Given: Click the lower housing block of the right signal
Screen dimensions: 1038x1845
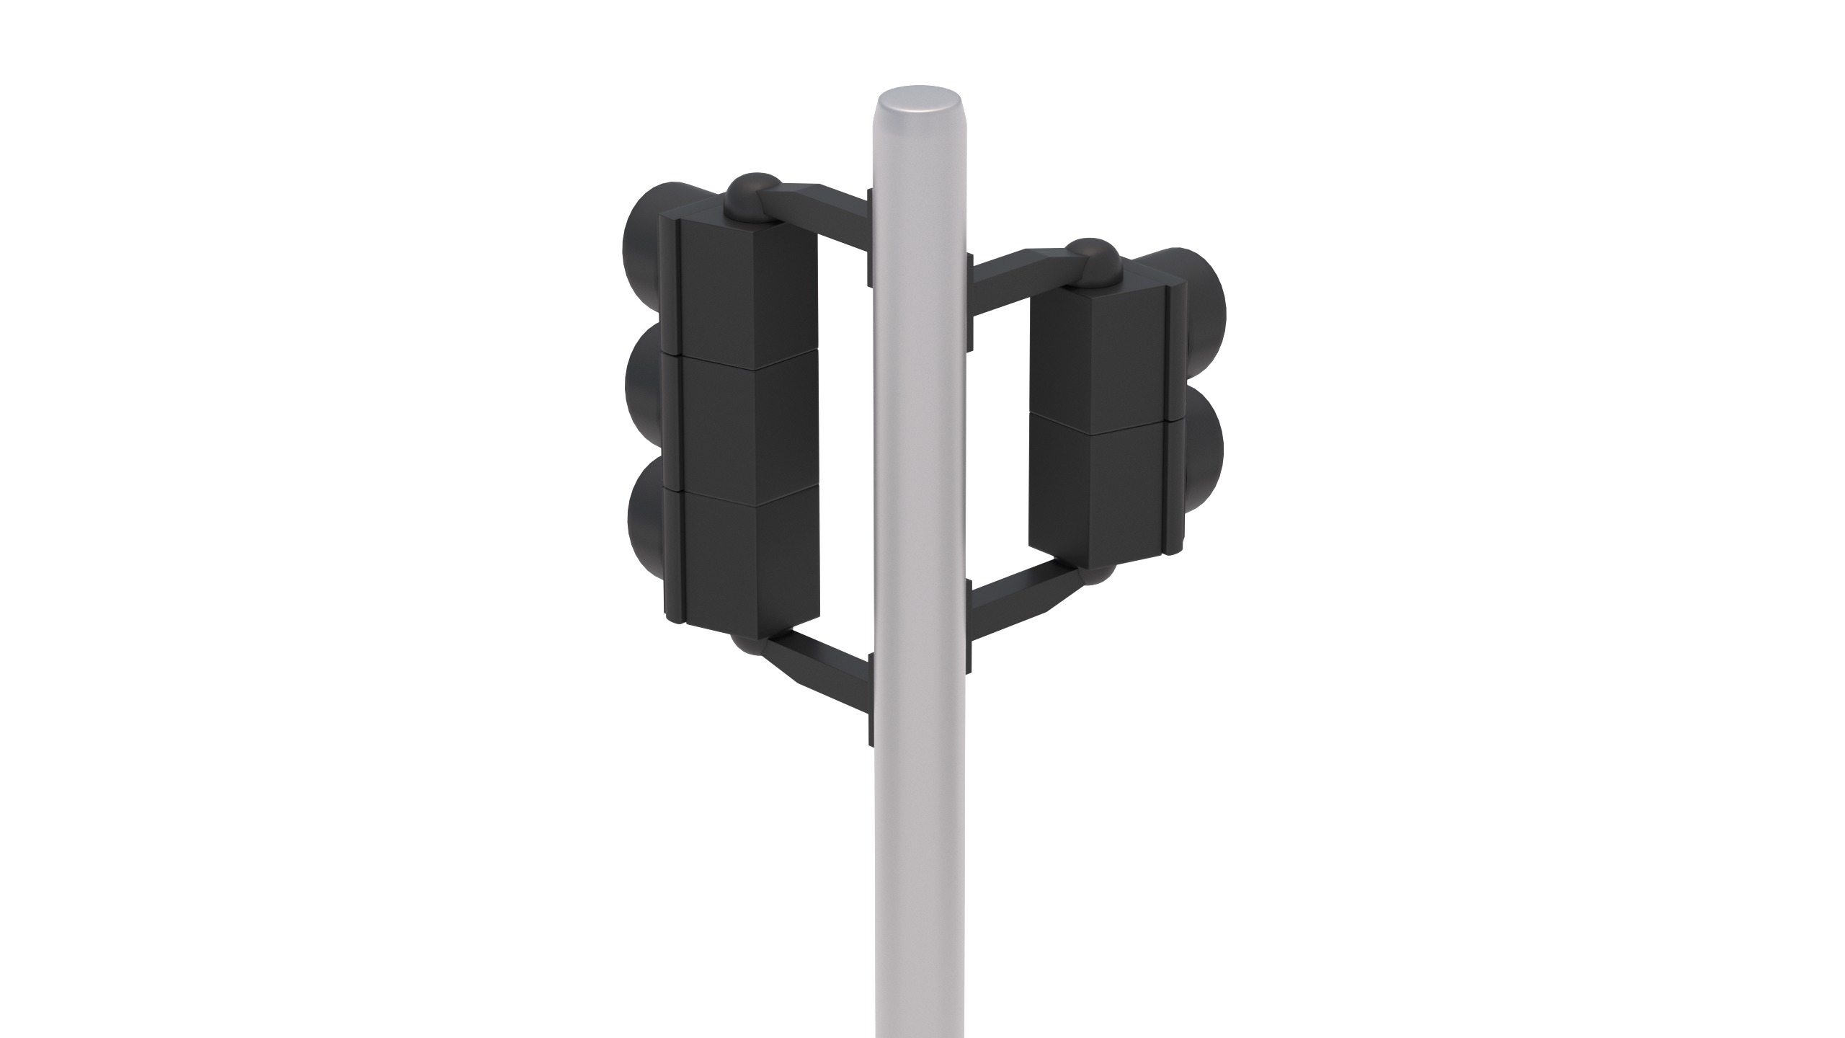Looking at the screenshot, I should [1095, 497].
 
